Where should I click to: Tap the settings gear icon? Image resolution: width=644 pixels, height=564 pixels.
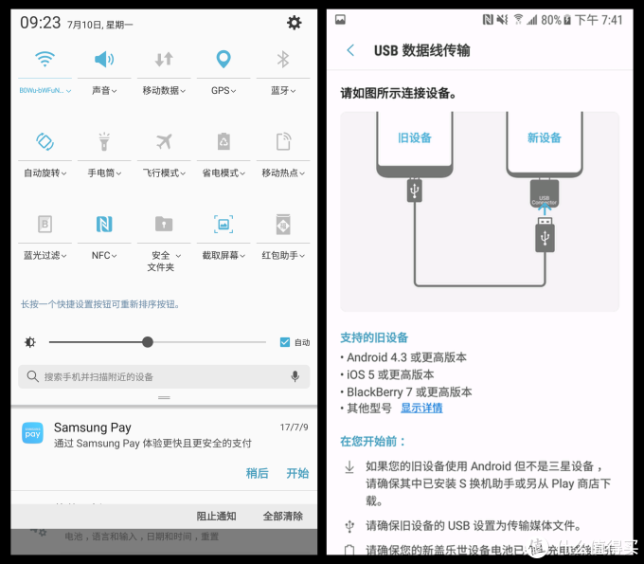(295, 23)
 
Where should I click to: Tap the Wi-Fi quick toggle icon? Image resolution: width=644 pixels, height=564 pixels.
(45, 60)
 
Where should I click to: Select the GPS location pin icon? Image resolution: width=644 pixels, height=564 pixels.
(223, 60)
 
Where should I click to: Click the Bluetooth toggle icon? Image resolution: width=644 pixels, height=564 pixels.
(282, 60)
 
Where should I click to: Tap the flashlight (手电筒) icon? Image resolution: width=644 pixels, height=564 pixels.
(103, 142)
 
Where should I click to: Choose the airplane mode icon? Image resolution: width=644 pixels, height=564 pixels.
(163, 142)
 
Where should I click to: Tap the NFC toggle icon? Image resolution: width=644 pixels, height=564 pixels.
(103, 225)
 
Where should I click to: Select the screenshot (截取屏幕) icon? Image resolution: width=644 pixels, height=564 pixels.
(223, 225)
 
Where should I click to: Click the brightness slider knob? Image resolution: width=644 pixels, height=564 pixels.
(148, 342)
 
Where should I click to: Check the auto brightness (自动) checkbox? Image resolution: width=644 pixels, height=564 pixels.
(285, 342)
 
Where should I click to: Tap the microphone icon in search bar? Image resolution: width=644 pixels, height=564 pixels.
(295, 376)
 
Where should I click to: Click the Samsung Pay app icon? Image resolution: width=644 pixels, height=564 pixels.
(32, 433)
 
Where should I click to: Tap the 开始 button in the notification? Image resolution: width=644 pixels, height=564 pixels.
(297, 473)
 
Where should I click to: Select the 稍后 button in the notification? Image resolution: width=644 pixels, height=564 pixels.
(257, 473)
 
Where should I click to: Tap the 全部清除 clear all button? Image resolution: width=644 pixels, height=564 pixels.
(282, 517)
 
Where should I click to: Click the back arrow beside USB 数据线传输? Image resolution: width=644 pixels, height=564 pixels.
(350, 50)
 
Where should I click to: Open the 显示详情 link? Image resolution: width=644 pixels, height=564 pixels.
(421, 408)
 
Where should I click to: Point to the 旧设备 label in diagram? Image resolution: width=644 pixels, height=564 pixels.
(414, 137)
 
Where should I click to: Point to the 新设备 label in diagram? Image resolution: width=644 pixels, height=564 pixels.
(544, 137)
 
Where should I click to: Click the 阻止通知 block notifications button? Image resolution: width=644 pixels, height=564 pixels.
(216, 517)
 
